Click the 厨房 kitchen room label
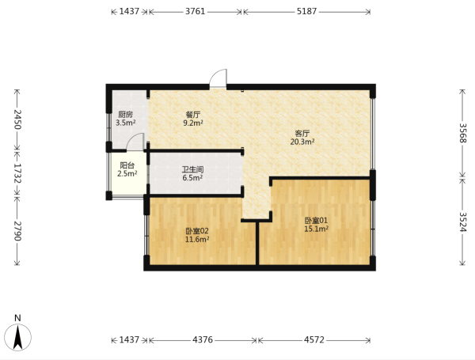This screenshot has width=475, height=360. click(125, 115)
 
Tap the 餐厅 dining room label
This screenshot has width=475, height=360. click(193, 115)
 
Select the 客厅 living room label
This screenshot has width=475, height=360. click(302, 134)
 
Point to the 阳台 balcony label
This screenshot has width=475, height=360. click(127, 165)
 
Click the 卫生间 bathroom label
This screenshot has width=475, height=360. click(192, 169)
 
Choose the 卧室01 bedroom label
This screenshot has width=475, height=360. click(316, 221)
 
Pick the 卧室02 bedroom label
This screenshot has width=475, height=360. click(197, 231)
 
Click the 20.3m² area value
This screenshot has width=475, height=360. click(302, 142)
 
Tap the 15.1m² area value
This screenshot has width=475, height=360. click(316, 229)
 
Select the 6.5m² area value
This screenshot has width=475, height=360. click(192, 178)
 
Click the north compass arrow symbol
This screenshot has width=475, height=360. click(18, 337)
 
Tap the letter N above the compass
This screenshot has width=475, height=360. click(17, 318)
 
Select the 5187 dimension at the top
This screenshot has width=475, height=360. click(306, 12)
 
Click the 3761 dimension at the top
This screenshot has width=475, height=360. click(196, 12)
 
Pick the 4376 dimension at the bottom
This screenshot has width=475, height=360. click(203, 340)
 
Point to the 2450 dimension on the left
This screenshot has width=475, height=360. click(17, 119)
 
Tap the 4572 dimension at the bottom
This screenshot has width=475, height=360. click(314, 340)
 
